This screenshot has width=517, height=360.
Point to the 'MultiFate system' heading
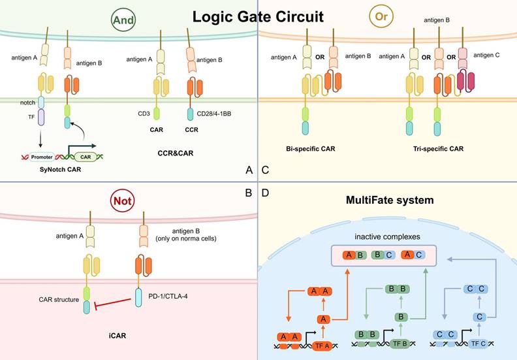pos(389,200)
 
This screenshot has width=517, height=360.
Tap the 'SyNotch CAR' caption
pos(55,170)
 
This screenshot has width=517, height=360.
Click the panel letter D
pos(266,193)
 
